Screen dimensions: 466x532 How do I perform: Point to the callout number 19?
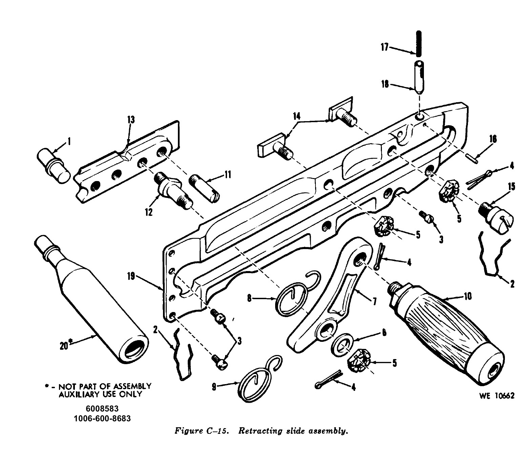[131, 276]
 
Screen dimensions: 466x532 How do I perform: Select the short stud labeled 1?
[53, 165]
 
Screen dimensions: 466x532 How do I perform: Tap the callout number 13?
[131, 120]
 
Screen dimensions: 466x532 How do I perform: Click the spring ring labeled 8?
[292, 298]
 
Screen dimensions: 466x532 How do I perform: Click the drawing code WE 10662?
[496, 396]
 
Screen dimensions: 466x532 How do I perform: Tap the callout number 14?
[296, 116]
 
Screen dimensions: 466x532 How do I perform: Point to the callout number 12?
[148, 212]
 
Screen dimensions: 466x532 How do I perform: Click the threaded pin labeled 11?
[204, 188]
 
